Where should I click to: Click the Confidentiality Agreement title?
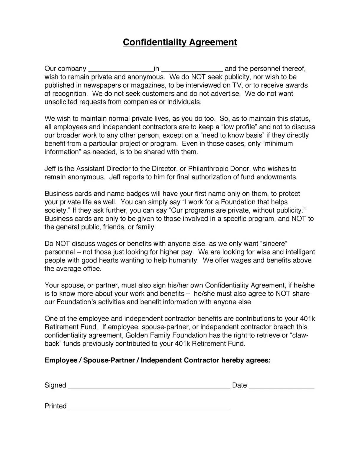point(180,42)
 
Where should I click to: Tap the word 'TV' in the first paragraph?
point(237,85)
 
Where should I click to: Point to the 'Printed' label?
point(55,406)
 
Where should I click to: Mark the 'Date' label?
point(239,385)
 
